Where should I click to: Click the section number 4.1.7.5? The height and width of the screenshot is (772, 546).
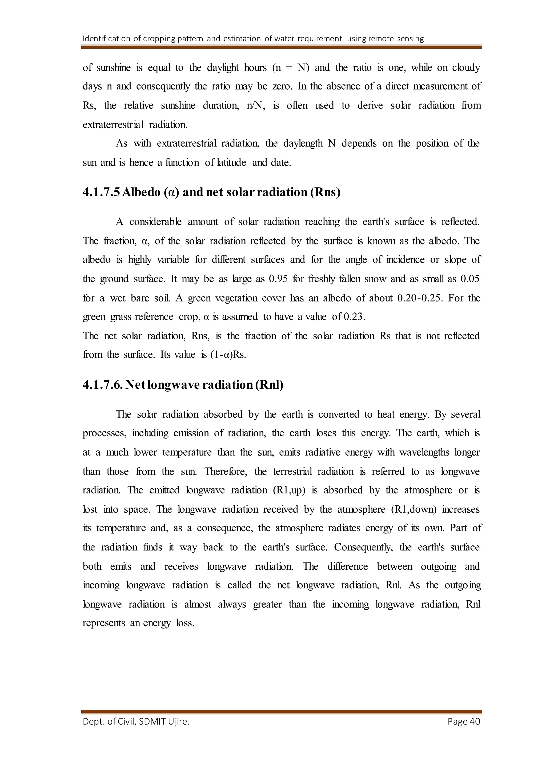coord(102,192)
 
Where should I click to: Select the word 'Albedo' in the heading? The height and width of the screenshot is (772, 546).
coord(142,192)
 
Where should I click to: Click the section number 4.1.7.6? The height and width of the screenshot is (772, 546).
coord(103,385)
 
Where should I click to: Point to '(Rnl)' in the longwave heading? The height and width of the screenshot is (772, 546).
coord(269,385)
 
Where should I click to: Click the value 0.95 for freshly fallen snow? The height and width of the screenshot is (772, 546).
coord(278,279)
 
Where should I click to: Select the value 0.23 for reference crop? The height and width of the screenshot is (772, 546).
coord(354,317)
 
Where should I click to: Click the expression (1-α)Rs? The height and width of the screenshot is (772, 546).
coord(228,355)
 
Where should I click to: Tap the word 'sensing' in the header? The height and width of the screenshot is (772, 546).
coord(410,39)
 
